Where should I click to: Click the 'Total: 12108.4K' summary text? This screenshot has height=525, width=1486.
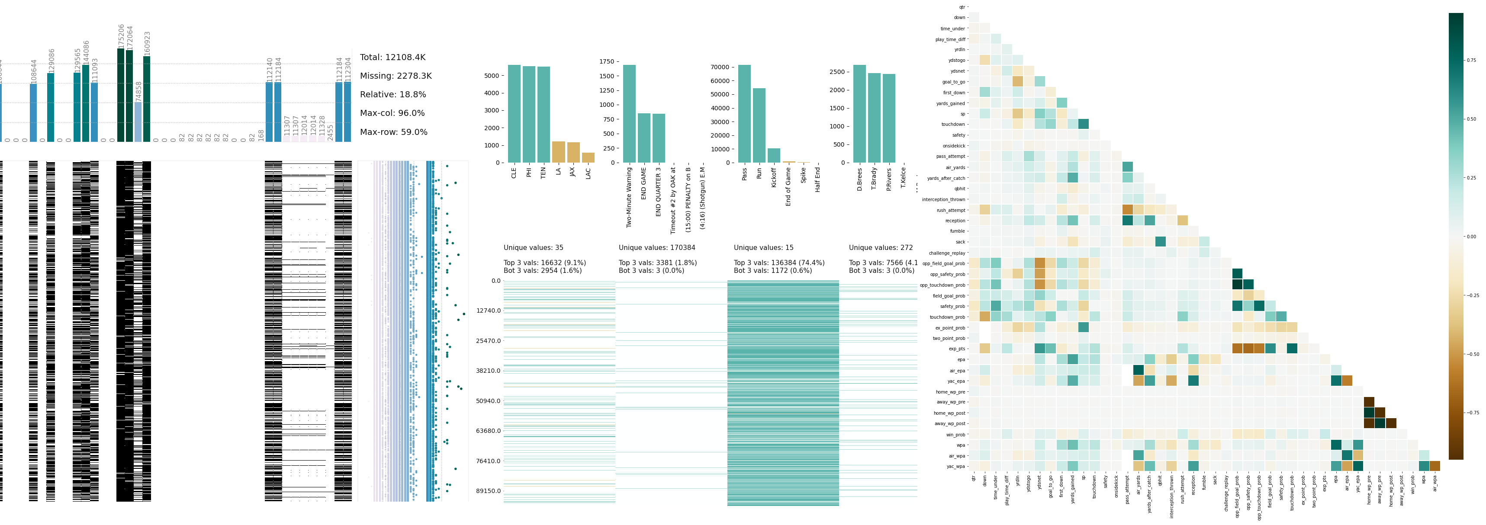coord(392,58)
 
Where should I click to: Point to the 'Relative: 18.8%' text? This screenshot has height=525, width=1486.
coord(393,95)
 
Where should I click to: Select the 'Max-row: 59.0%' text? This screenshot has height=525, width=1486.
coord(393,132)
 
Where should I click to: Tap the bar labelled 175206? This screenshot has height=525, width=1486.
coord(121,95)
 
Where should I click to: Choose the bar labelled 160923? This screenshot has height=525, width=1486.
coord(147,99)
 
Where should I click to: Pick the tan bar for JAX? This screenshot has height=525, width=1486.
coord(573,153)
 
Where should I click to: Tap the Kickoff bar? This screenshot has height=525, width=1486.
coord(774,156)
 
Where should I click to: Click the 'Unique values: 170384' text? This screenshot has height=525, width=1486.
coord(656,248)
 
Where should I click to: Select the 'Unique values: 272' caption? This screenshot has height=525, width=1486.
coord(880,248)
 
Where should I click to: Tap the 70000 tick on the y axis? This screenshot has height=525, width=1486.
coord(720,67)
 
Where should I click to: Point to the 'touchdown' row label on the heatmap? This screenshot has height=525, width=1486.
coord(952,125)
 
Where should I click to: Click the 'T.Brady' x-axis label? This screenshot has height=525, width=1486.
coord(874,179)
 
